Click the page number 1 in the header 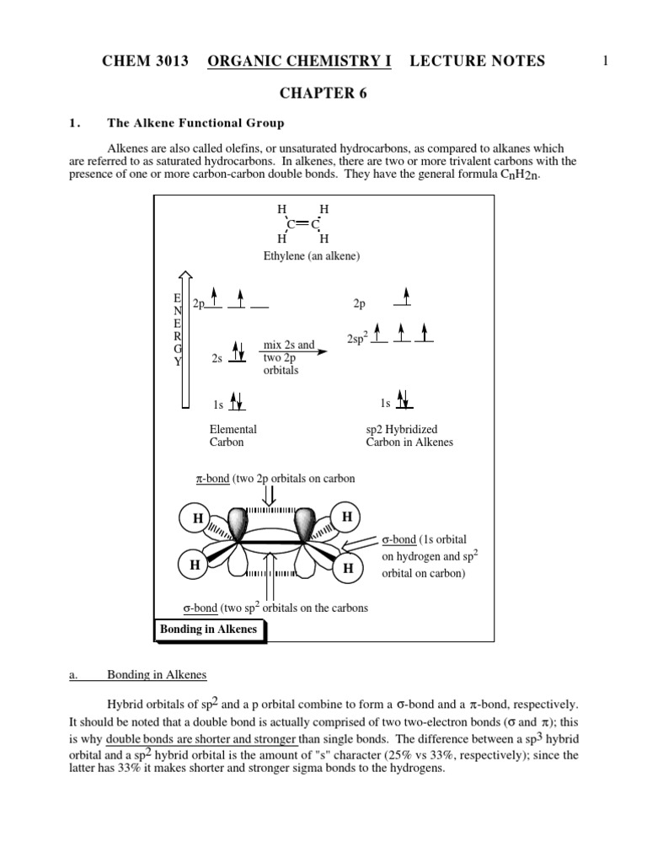tap(605, 61)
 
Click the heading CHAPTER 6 tap(323, 93)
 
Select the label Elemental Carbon tap(233, 436)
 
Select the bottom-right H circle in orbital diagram tap(348, 569)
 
